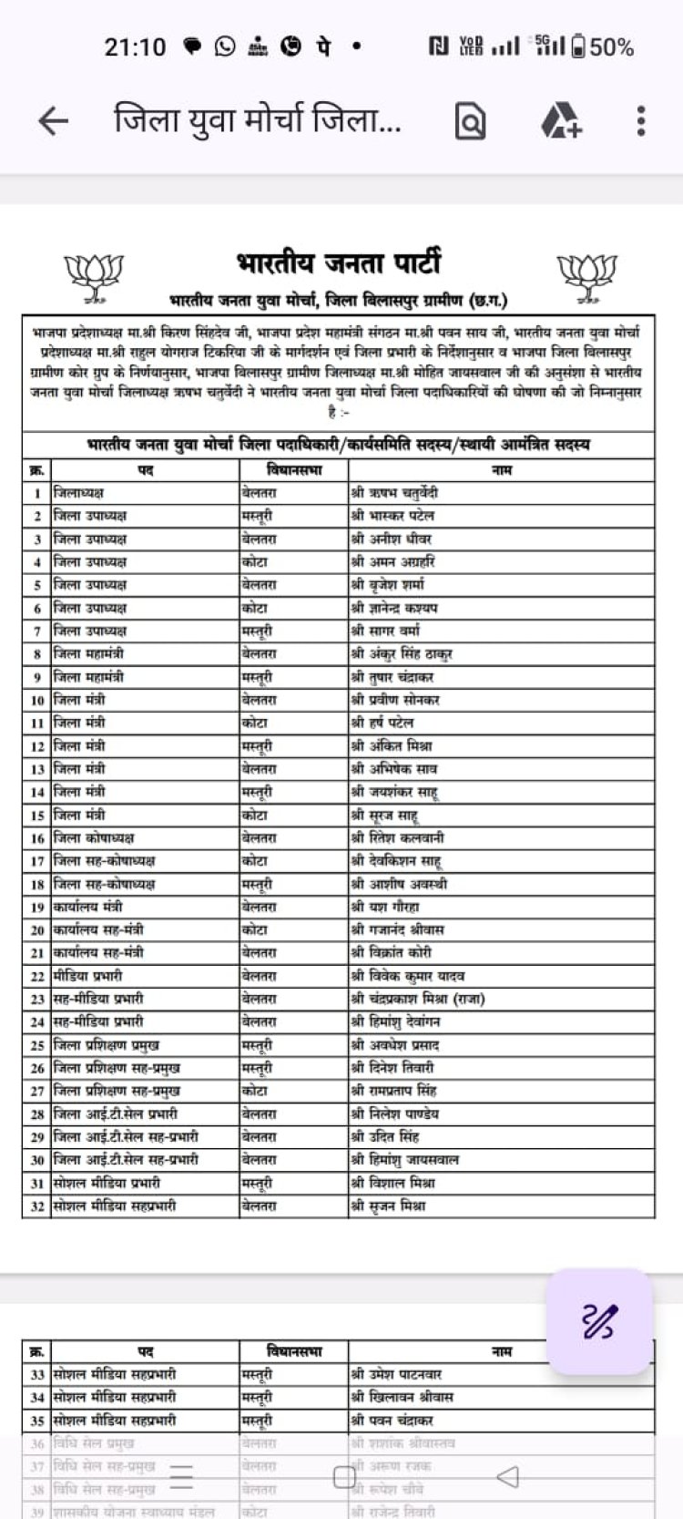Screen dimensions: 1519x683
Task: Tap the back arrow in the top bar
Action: click(54, 121)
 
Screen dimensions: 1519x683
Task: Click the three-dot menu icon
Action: click(641, 121)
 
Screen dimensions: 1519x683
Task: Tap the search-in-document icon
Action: click(470, 121)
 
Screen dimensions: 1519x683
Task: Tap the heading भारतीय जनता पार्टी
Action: click(339, 263)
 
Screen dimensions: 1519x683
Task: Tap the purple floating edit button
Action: click(599, 1321)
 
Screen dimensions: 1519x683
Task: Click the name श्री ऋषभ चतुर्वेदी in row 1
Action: click(394, 493)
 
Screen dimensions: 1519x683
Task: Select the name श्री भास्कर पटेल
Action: click(392, 516)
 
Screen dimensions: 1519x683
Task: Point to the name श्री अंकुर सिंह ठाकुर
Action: click(402, 654)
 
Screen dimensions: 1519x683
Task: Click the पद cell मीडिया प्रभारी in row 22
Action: click(87, 976)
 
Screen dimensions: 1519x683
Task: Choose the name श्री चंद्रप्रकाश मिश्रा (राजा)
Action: click(418, 999)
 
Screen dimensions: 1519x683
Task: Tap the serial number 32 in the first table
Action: click(37, 1206)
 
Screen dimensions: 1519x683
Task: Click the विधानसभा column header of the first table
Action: click(293, 470)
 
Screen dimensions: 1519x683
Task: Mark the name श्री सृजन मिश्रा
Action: click(388, 1206)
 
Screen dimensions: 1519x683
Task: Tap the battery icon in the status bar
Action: click(578, 46)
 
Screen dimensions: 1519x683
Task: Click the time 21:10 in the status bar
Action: click(135, 46)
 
